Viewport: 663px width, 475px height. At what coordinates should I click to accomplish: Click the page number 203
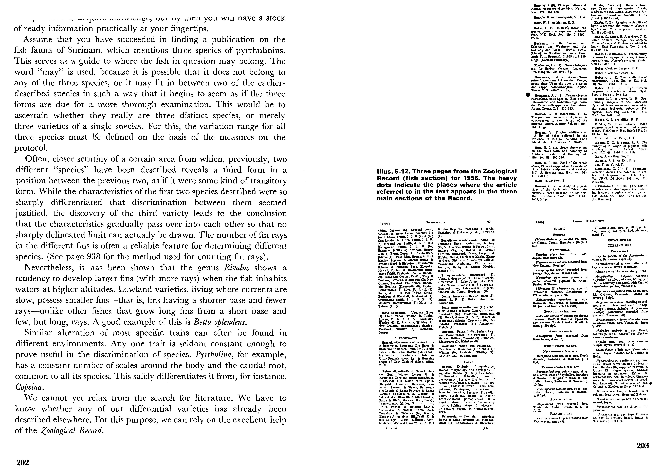point(643,445)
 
